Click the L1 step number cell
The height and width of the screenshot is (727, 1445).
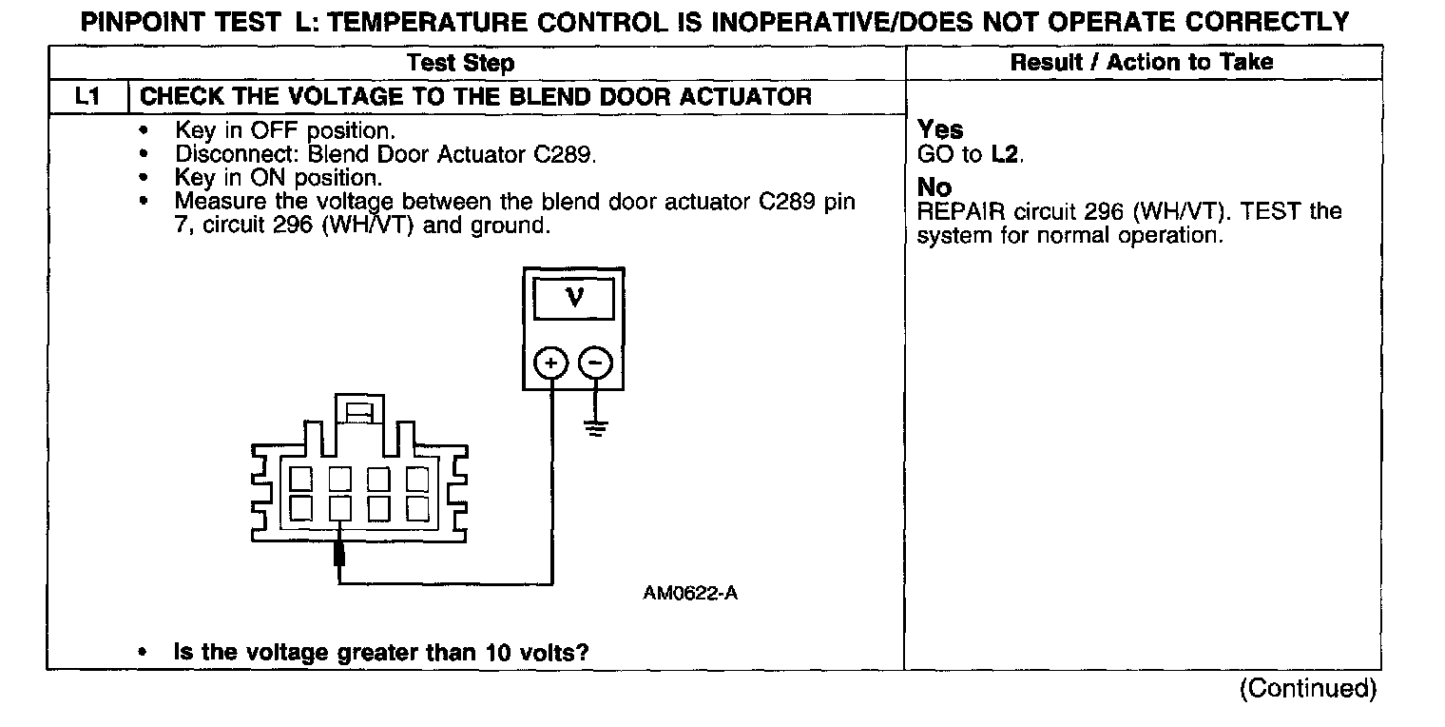(x=87, y=96)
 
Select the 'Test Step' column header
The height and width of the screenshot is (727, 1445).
(x=461, y=64)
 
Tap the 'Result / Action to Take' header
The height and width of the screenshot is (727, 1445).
(x=1142, y=63)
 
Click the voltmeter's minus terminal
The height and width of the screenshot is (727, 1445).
(x=596, y=363)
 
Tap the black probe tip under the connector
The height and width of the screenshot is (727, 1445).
(x=339, y=554)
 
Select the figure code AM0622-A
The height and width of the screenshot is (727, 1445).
(x=690, y=594)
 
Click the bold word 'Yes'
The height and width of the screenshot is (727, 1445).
(x=940, y=130)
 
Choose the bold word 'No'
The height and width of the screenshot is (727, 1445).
(x=934, y=187)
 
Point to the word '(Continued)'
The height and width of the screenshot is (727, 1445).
(x=1307, y=689)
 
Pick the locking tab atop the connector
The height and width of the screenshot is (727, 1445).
(x=358, y=411)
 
